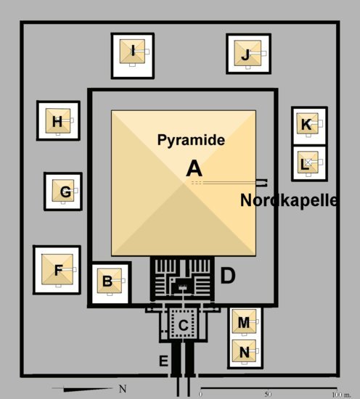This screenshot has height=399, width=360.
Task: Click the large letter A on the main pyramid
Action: tap(194, 169)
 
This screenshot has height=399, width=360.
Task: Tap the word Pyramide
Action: tap(191, 140)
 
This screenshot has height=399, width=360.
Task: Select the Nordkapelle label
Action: tap(289, 200)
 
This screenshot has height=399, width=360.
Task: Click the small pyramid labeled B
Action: tap(110, 281)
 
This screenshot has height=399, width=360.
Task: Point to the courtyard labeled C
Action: tap(184, 323)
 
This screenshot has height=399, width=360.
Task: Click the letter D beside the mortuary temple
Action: tap(228, 275)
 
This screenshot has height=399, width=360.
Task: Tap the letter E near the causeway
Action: tap(163, 361)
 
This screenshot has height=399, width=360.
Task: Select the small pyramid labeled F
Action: tap(57, 269)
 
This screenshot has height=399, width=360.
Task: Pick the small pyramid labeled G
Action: tap(63, 191)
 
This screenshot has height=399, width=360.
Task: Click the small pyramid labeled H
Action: tap(58, 120)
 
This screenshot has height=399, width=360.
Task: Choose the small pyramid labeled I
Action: tap(132, 52)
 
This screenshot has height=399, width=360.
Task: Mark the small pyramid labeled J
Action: tap(247, 53)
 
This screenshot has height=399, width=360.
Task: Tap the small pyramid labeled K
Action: tap(308, 123)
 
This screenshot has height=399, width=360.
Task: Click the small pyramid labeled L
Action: tap(308, 163)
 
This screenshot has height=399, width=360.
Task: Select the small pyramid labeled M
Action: tap(244, 321)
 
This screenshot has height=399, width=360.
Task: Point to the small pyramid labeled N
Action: tap(244, 351)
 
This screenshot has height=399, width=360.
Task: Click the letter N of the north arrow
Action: tap(123, 389)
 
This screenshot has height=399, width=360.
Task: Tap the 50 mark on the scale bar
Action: tap(268, 394)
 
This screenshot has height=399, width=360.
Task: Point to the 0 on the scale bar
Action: tap(201, 394)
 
